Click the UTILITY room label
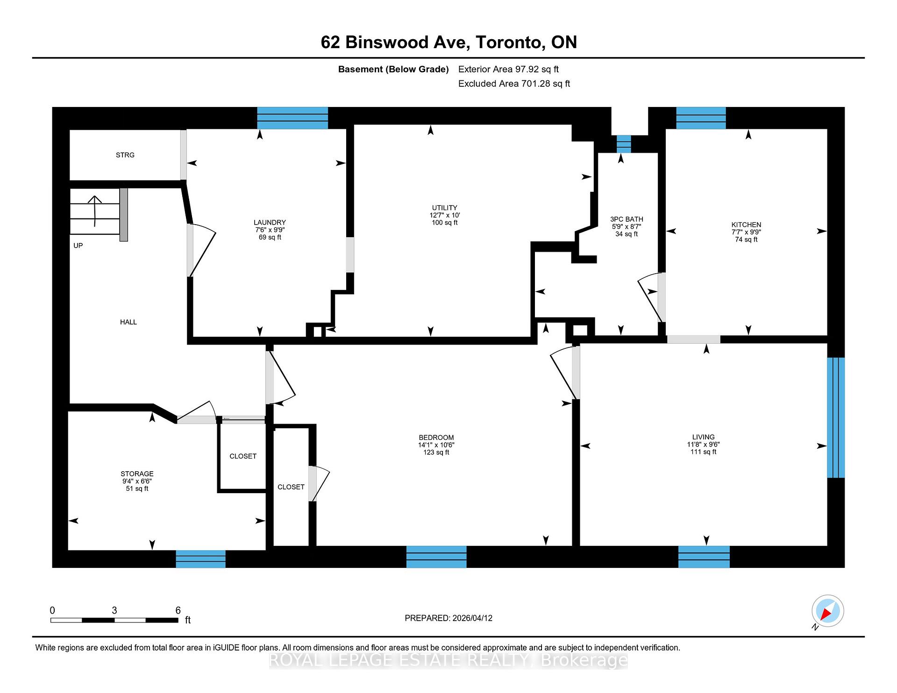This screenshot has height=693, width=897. pos(444,208)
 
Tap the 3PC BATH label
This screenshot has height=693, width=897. pos(626,219)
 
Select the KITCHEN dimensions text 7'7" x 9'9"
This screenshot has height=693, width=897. pos(746,232)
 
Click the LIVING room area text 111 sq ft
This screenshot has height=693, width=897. pos(703,452)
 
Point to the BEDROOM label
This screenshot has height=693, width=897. pos(436,438)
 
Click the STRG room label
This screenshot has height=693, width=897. pos(125,155)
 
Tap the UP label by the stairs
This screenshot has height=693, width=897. pos(78,246)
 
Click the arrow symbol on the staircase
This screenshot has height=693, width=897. pos(95,210)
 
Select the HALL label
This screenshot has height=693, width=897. pos(128,322)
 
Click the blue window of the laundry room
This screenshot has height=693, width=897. pos(292,118)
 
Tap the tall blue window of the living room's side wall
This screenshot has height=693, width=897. pos(836,417)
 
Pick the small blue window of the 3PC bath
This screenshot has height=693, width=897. pos(623,144)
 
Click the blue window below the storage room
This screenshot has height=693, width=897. pos(200,559)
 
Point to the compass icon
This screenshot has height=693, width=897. pos(827,611)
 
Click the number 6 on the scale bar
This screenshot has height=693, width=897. pos(178,610)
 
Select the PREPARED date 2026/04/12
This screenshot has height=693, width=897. pos(472,618)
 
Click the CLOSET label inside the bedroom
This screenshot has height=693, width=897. pos(291,487)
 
